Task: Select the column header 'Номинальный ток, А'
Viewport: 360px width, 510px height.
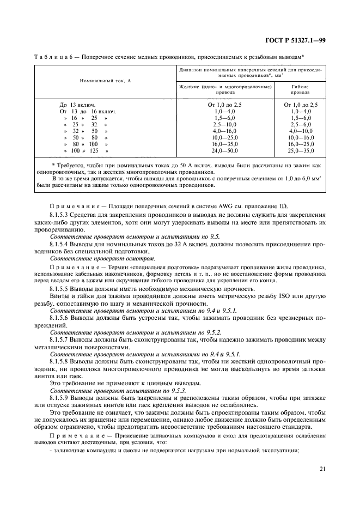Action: coord(105,80)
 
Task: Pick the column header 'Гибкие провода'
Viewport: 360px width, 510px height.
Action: coord(301,89)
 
